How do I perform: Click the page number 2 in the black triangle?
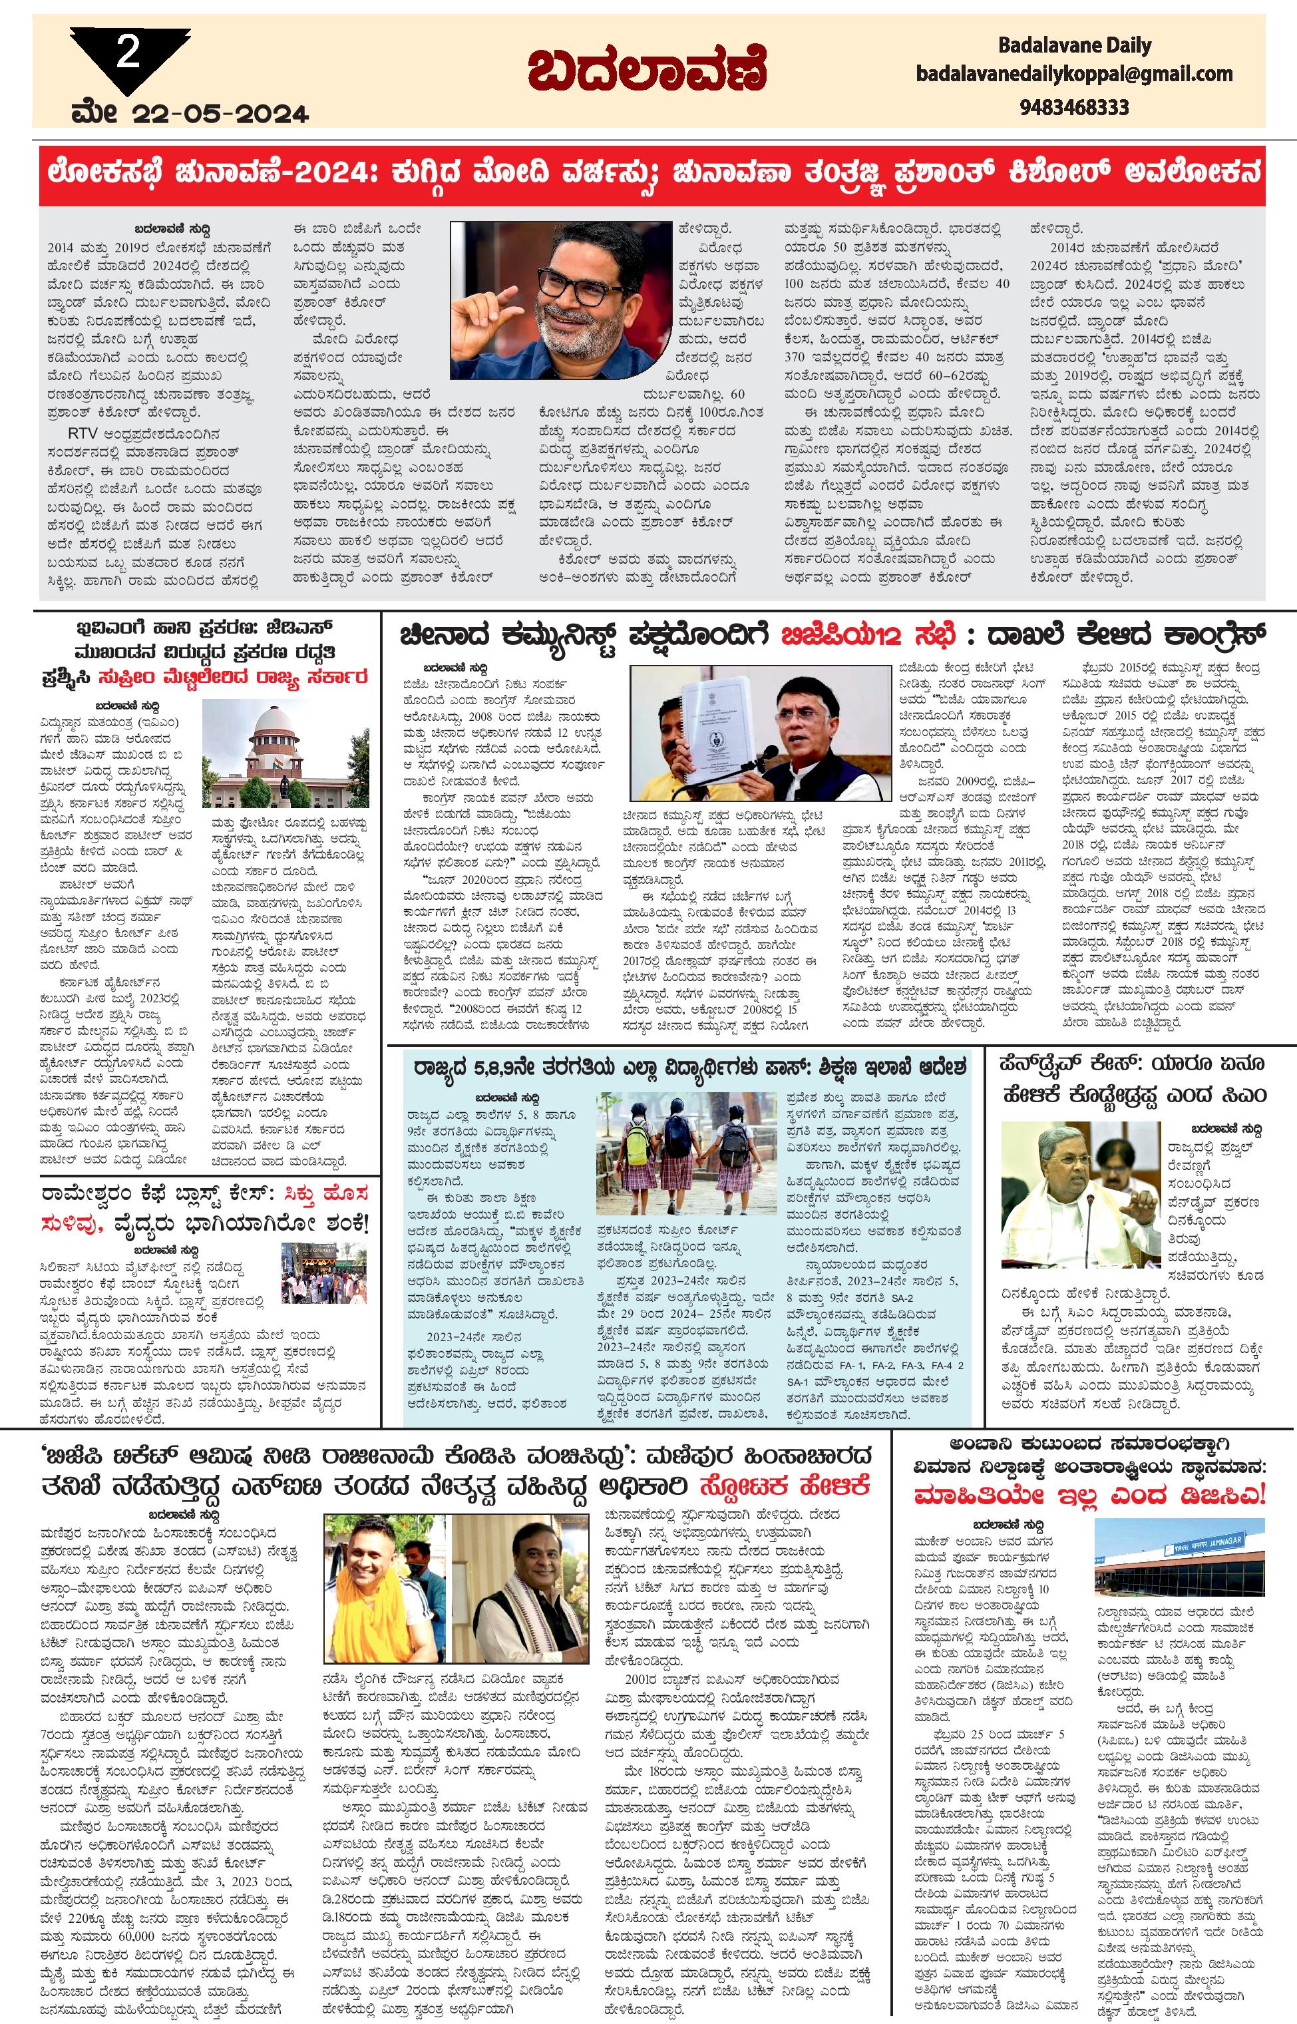127,55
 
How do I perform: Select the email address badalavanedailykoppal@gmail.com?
1074,74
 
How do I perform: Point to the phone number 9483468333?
1074,107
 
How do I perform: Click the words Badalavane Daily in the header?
1074,45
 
